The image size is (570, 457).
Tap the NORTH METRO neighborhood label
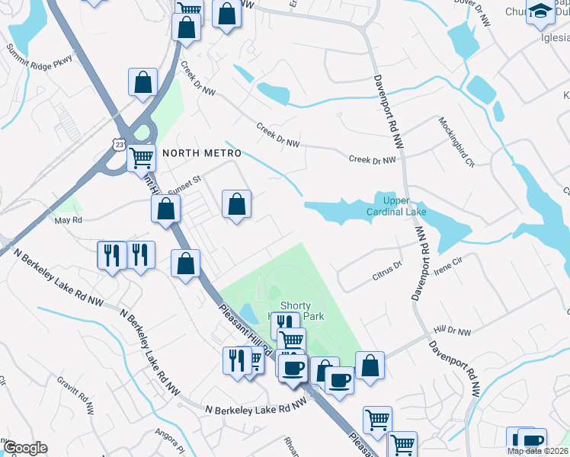coord(197,152)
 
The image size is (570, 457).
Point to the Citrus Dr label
coord(388,267)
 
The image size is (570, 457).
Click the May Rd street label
coord(68,220)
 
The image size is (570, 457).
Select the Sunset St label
coord(184,180)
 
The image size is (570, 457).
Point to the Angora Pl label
coord(171,439)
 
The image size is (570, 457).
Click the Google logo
coord(24,448)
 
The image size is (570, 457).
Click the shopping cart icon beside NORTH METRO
coord(141,158)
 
